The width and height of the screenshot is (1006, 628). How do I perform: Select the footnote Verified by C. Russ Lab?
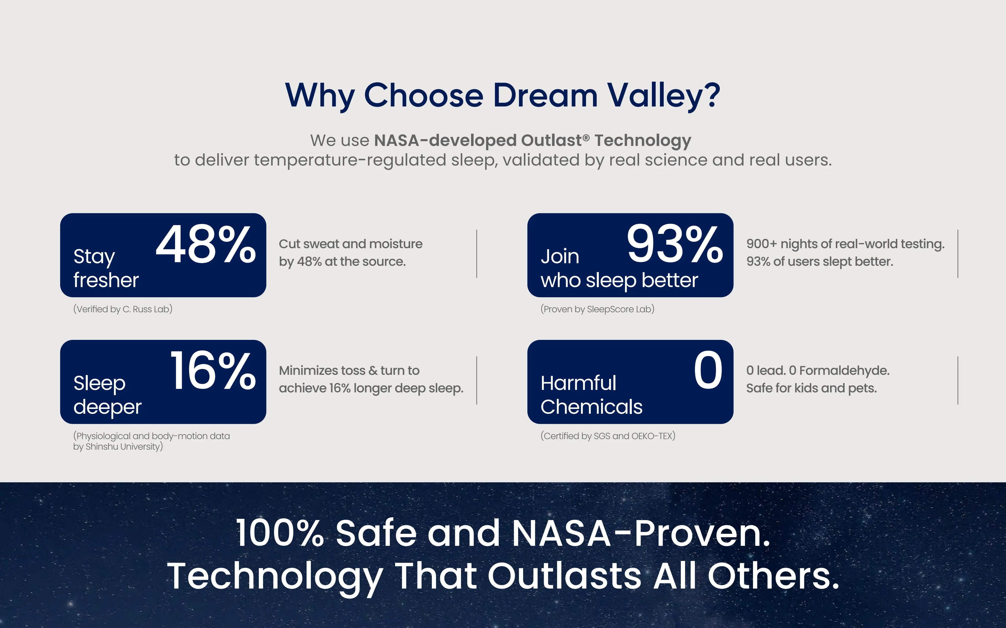123,309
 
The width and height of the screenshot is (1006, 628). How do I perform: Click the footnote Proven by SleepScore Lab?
597,309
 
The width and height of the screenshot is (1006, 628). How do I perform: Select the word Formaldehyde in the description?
844,371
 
